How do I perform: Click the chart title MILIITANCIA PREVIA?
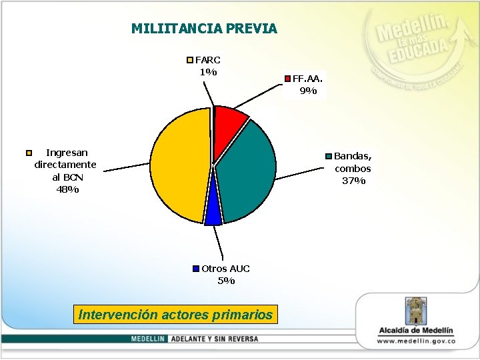coord(204,29)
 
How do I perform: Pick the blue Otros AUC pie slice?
coord(213,211)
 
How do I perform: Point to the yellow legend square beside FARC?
coord(190,60)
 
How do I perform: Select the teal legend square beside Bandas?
coord(329,157)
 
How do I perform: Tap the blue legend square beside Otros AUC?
coord(196,269)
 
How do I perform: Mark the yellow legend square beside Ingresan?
coord(29,153)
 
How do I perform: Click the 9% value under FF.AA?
coord(308,91)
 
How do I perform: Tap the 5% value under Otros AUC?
coord(226,281)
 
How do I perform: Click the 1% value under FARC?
coord(207,72)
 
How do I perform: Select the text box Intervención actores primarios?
coord(175,315)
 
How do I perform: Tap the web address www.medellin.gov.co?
coord(416,341)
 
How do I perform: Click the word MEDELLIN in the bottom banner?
coord(149,339)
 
